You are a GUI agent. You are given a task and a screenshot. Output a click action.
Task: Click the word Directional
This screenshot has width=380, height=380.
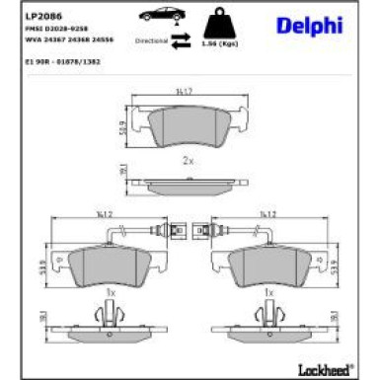pyautogui.click(x=149, y=42)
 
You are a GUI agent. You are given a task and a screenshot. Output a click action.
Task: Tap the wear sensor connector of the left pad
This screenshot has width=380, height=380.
pyautogui.click(x=164, y=234)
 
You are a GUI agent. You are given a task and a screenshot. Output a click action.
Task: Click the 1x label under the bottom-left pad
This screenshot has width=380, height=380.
pyautogui.click(x=110, y=293)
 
